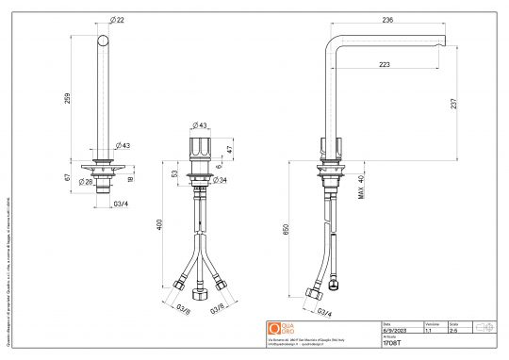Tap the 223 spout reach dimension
pyautogui.click(x=385, y=65)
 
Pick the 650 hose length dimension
pyautogui.click(x=285, y=228)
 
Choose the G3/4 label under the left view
pyautogui.click(x=122, y=203)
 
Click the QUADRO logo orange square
pyautogui.click(x=274, y=329)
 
